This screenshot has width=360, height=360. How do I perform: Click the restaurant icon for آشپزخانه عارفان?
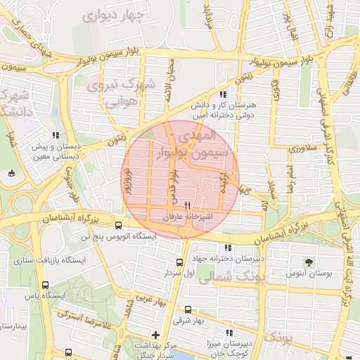[x=186, y=207]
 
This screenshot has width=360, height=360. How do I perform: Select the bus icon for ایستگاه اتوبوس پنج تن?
[x=118, y=226]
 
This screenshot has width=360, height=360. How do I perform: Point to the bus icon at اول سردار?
[x=180, y=262]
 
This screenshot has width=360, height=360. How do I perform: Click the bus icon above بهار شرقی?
[x=188, y=309]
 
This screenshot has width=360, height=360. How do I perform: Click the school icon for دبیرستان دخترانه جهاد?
[x=226, y=248]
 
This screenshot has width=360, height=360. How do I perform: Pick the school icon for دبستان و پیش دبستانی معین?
[x=56, y=136]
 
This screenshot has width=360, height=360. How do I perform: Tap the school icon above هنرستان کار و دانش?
[x=223, y=94]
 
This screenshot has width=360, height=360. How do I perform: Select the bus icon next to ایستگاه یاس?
[x=46, y=285]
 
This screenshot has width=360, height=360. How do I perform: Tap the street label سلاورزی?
[x=304, y=148]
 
